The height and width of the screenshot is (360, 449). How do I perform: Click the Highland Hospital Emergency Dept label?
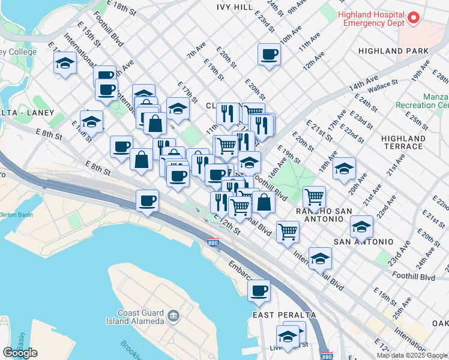(371, 18)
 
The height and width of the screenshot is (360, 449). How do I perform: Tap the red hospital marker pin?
(413, 18)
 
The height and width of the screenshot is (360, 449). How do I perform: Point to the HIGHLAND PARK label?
(393, 51)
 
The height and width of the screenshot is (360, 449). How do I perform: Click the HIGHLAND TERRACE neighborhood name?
(402, 142)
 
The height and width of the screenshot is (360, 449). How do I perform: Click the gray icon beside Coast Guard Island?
(173, 314)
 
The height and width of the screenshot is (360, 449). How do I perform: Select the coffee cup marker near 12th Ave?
(269, 55)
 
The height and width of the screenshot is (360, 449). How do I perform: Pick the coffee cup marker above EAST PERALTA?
(259, 291)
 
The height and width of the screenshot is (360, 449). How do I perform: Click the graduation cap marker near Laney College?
(65, 64)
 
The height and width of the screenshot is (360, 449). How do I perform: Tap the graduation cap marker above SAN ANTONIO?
(361, 227)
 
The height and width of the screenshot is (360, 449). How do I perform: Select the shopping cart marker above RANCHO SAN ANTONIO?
(315, 196)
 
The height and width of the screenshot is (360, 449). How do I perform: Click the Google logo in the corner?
(20, 353)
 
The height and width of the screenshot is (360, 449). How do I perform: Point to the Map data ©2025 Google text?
(412, 355)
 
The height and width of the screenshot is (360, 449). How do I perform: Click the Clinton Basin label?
(16, 214)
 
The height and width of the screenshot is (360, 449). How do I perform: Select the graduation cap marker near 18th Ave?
(344, 169)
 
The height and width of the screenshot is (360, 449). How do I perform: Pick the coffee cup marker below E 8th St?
(147, 201)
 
